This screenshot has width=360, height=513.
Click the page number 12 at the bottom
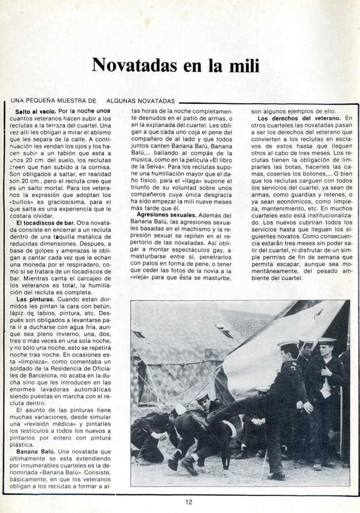tap(188, 502)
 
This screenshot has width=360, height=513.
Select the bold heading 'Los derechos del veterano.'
tap(298, 118)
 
